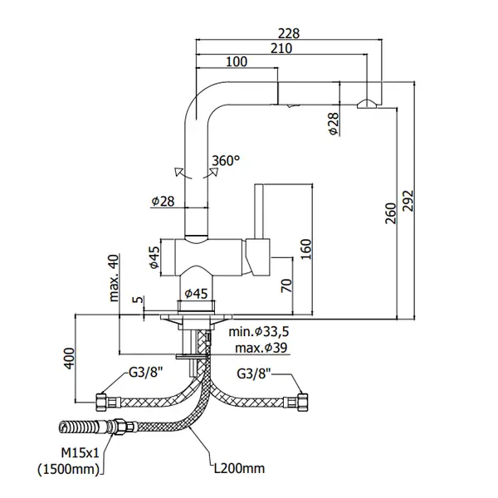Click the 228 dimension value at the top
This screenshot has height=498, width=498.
click(289, 33)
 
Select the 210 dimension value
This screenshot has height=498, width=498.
click(281, 48)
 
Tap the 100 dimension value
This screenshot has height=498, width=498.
click(237, 61)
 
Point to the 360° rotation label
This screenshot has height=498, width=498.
click(226, 161)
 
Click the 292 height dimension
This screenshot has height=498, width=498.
click(408, 201)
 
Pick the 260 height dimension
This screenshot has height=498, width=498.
click(391, 213)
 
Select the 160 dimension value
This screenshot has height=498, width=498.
click(306, 249)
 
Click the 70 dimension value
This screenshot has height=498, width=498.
click(286, 286)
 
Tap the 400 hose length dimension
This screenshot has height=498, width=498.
click(69, 359)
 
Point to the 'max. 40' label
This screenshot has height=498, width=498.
click(114, 278)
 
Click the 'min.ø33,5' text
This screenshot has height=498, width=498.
click(259, 332)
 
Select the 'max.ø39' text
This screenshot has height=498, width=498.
click(261, 348)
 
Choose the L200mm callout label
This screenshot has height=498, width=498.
click(239, 468)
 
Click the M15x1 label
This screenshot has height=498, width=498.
click(80, 453)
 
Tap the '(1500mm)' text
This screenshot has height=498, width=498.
click(69, 469)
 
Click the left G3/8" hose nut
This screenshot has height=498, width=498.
click(101, 403)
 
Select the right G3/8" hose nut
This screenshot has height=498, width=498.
click(302, 403)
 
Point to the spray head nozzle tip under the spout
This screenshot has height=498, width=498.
click(367, 105)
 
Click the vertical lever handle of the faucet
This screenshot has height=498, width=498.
click(259, 211)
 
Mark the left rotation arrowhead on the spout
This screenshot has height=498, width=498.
click(178, 171)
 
